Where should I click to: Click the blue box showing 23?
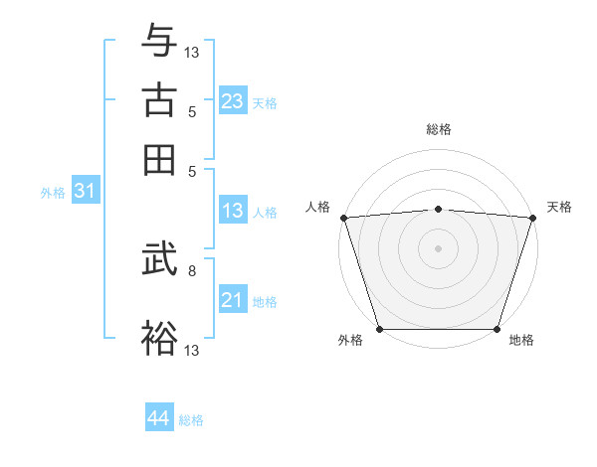tap(233, 101)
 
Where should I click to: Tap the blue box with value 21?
tap(233, 300)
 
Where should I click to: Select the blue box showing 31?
tap(86, 191)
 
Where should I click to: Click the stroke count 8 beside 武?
tap(191, 269)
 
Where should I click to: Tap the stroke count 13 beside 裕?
tap(192, 349)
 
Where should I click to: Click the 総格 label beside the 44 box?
tap(191, 420)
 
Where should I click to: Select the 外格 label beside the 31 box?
tap(52, 193)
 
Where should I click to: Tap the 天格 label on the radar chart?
tap(559, 207)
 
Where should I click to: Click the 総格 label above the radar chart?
tap(438, 129)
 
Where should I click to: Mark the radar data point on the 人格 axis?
tap(343, 217)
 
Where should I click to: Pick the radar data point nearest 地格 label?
tap(497, 329)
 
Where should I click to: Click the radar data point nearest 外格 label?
tap(379, 329)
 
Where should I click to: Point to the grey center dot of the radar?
tap(438, 247)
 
